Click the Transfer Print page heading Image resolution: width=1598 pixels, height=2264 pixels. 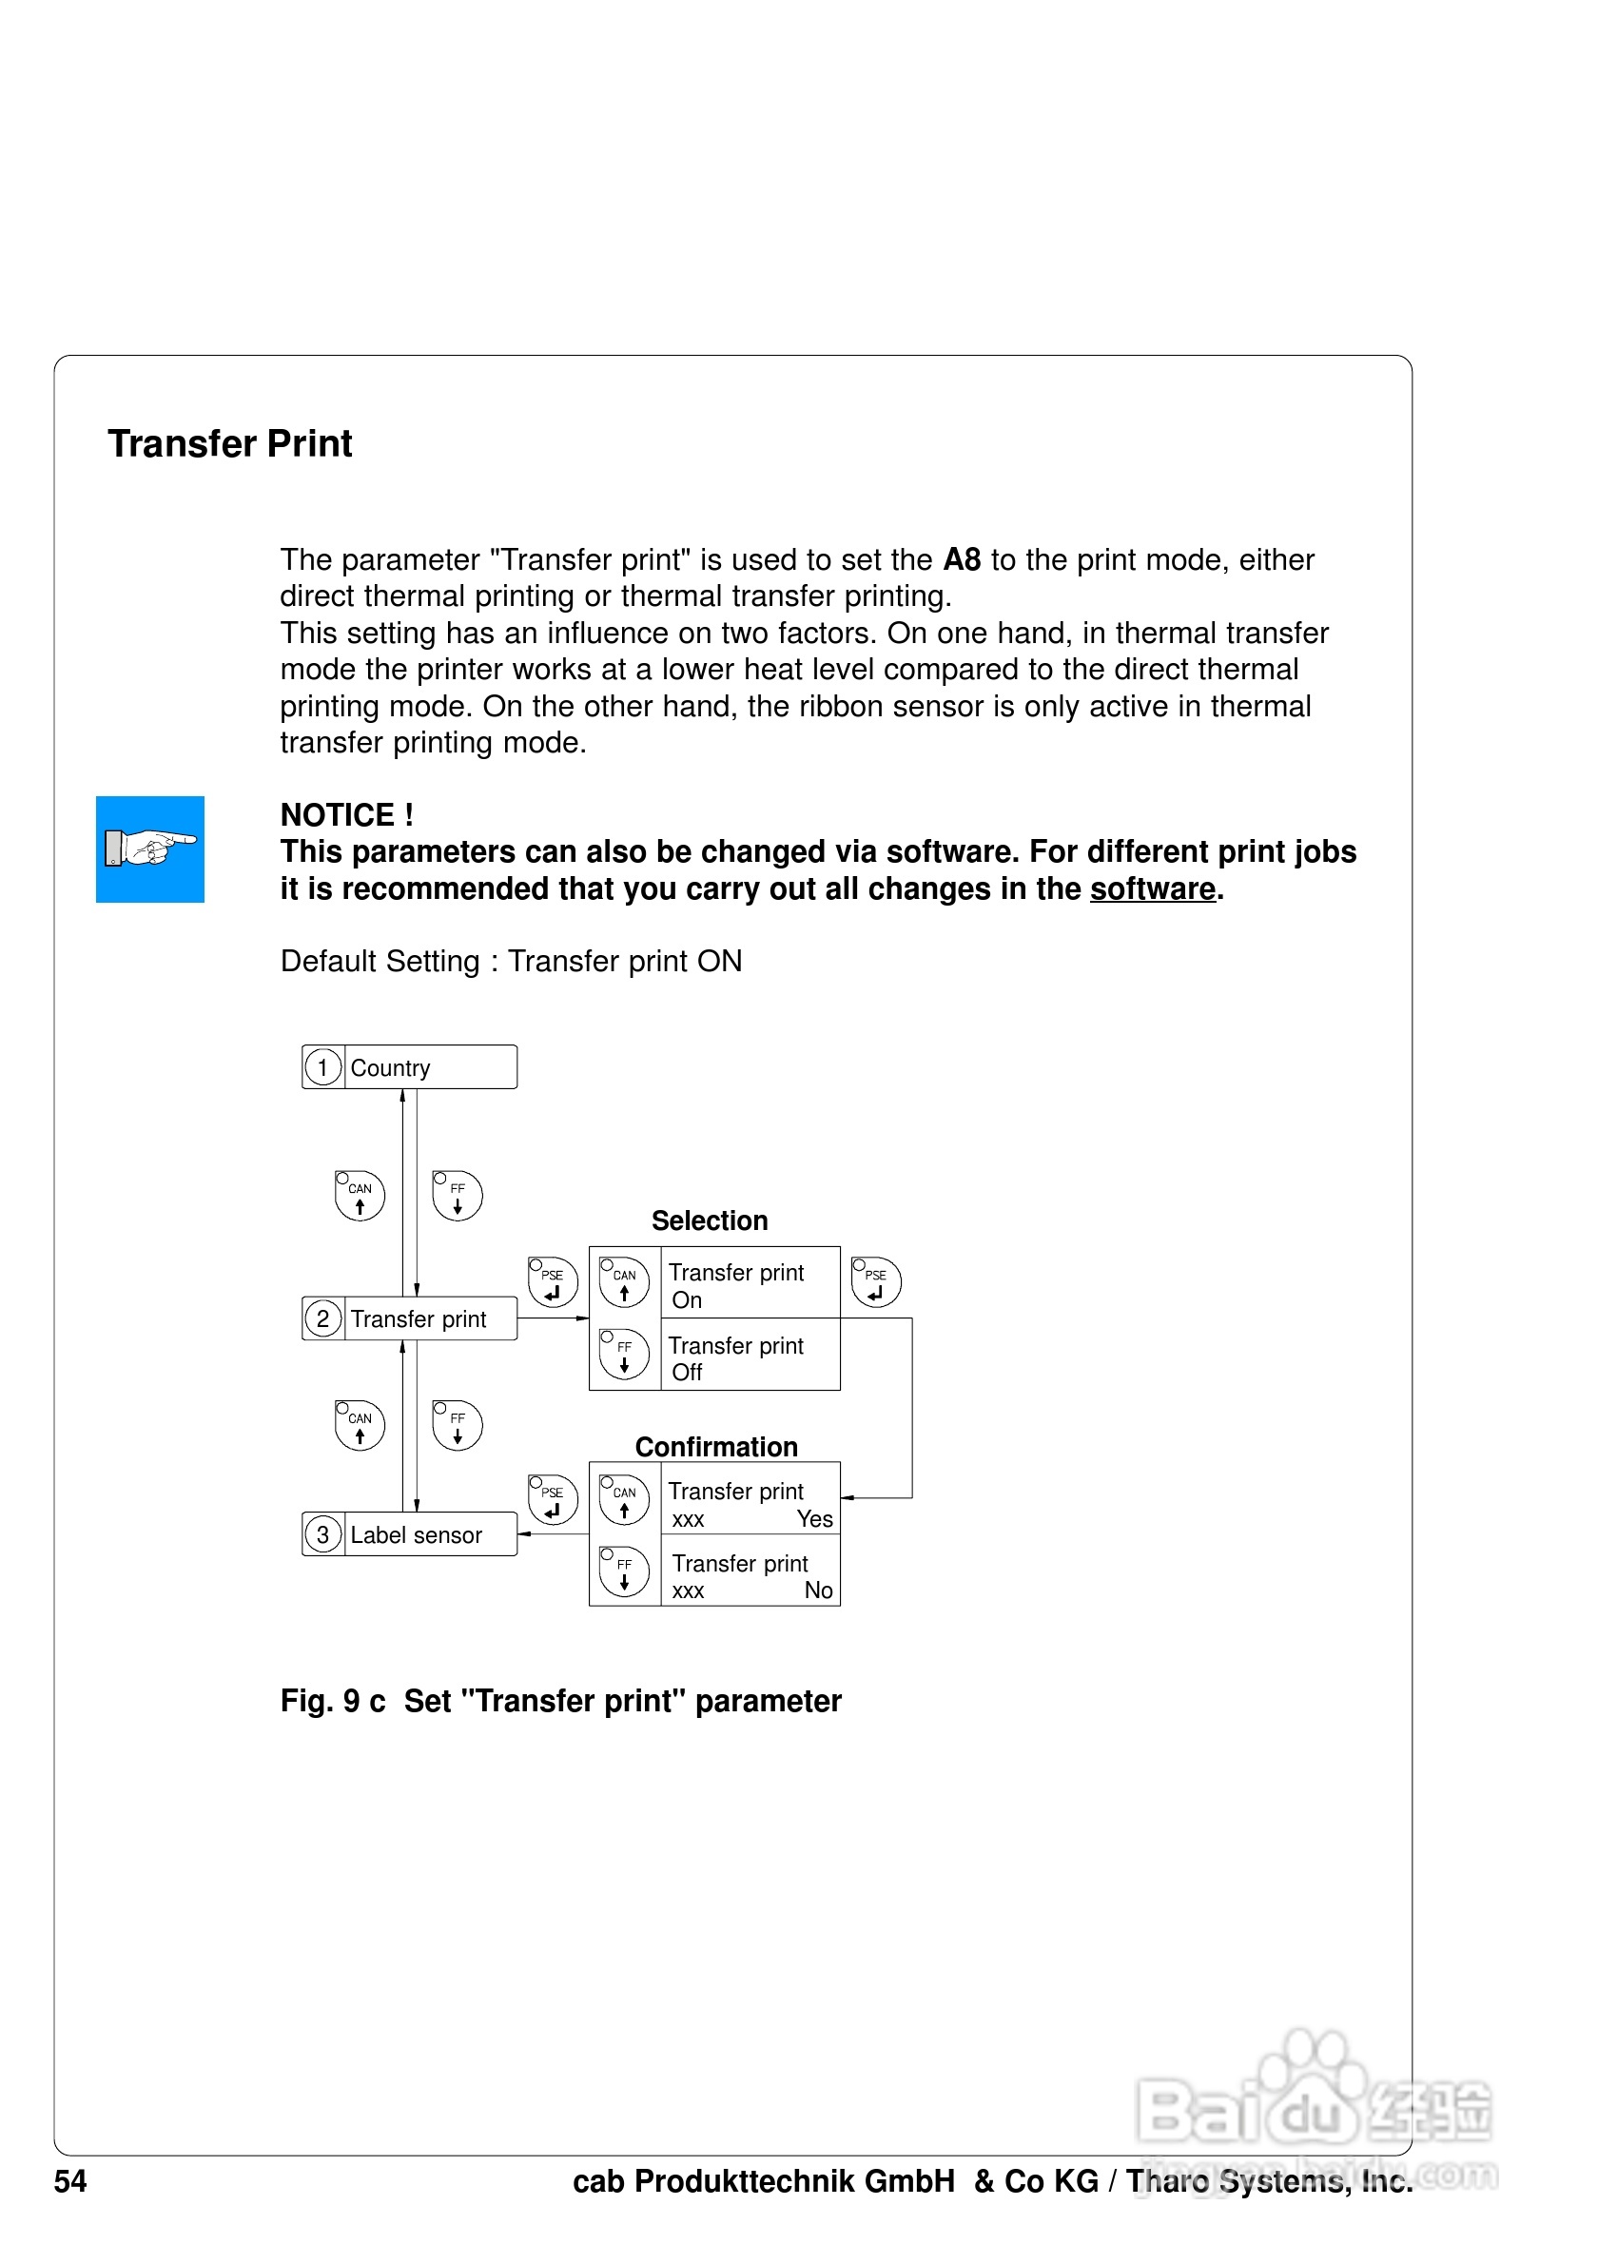[229, 443]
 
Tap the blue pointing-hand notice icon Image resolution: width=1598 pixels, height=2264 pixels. [150, 849]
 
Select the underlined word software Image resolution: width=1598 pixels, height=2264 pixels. [1153, 889]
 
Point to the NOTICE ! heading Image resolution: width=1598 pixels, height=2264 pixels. [347, 815]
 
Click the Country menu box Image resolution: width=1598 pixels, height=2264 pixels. [410, 1068]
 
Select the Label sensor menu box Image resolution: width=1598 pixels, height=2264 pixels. [410, 1534]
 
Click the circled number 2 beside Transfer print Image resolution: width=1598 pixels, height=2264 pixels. [322, 1318]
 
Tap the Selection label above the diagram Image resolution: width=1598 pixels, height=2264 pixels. [709, 1220]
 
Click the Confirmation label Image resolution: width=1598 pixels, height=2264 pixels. [715, 1447]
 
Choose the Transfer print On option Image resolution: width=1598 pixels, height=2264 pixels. [749, 1285]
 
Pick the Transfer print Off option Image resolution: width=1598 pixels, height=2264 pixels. [749, 1357]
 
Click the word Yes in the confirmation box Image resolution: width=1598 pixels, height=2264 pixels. [814, 1519]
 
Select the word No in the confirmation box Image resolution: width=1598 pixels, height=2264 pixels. [818, 1591]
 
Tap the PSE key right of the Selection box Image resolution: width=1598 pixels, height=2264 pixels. [875, 1282]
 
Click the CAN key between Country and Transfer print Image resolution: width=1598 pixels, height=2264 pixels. [360, 1196]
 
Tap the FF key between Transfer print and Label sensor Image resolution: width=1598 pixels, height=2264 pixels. [458, 1426]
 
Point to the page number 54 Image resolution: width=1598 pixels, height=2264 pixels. [70, 2181]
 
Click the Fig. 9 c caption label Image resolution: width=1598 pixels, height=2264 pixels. [332, 1701]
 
